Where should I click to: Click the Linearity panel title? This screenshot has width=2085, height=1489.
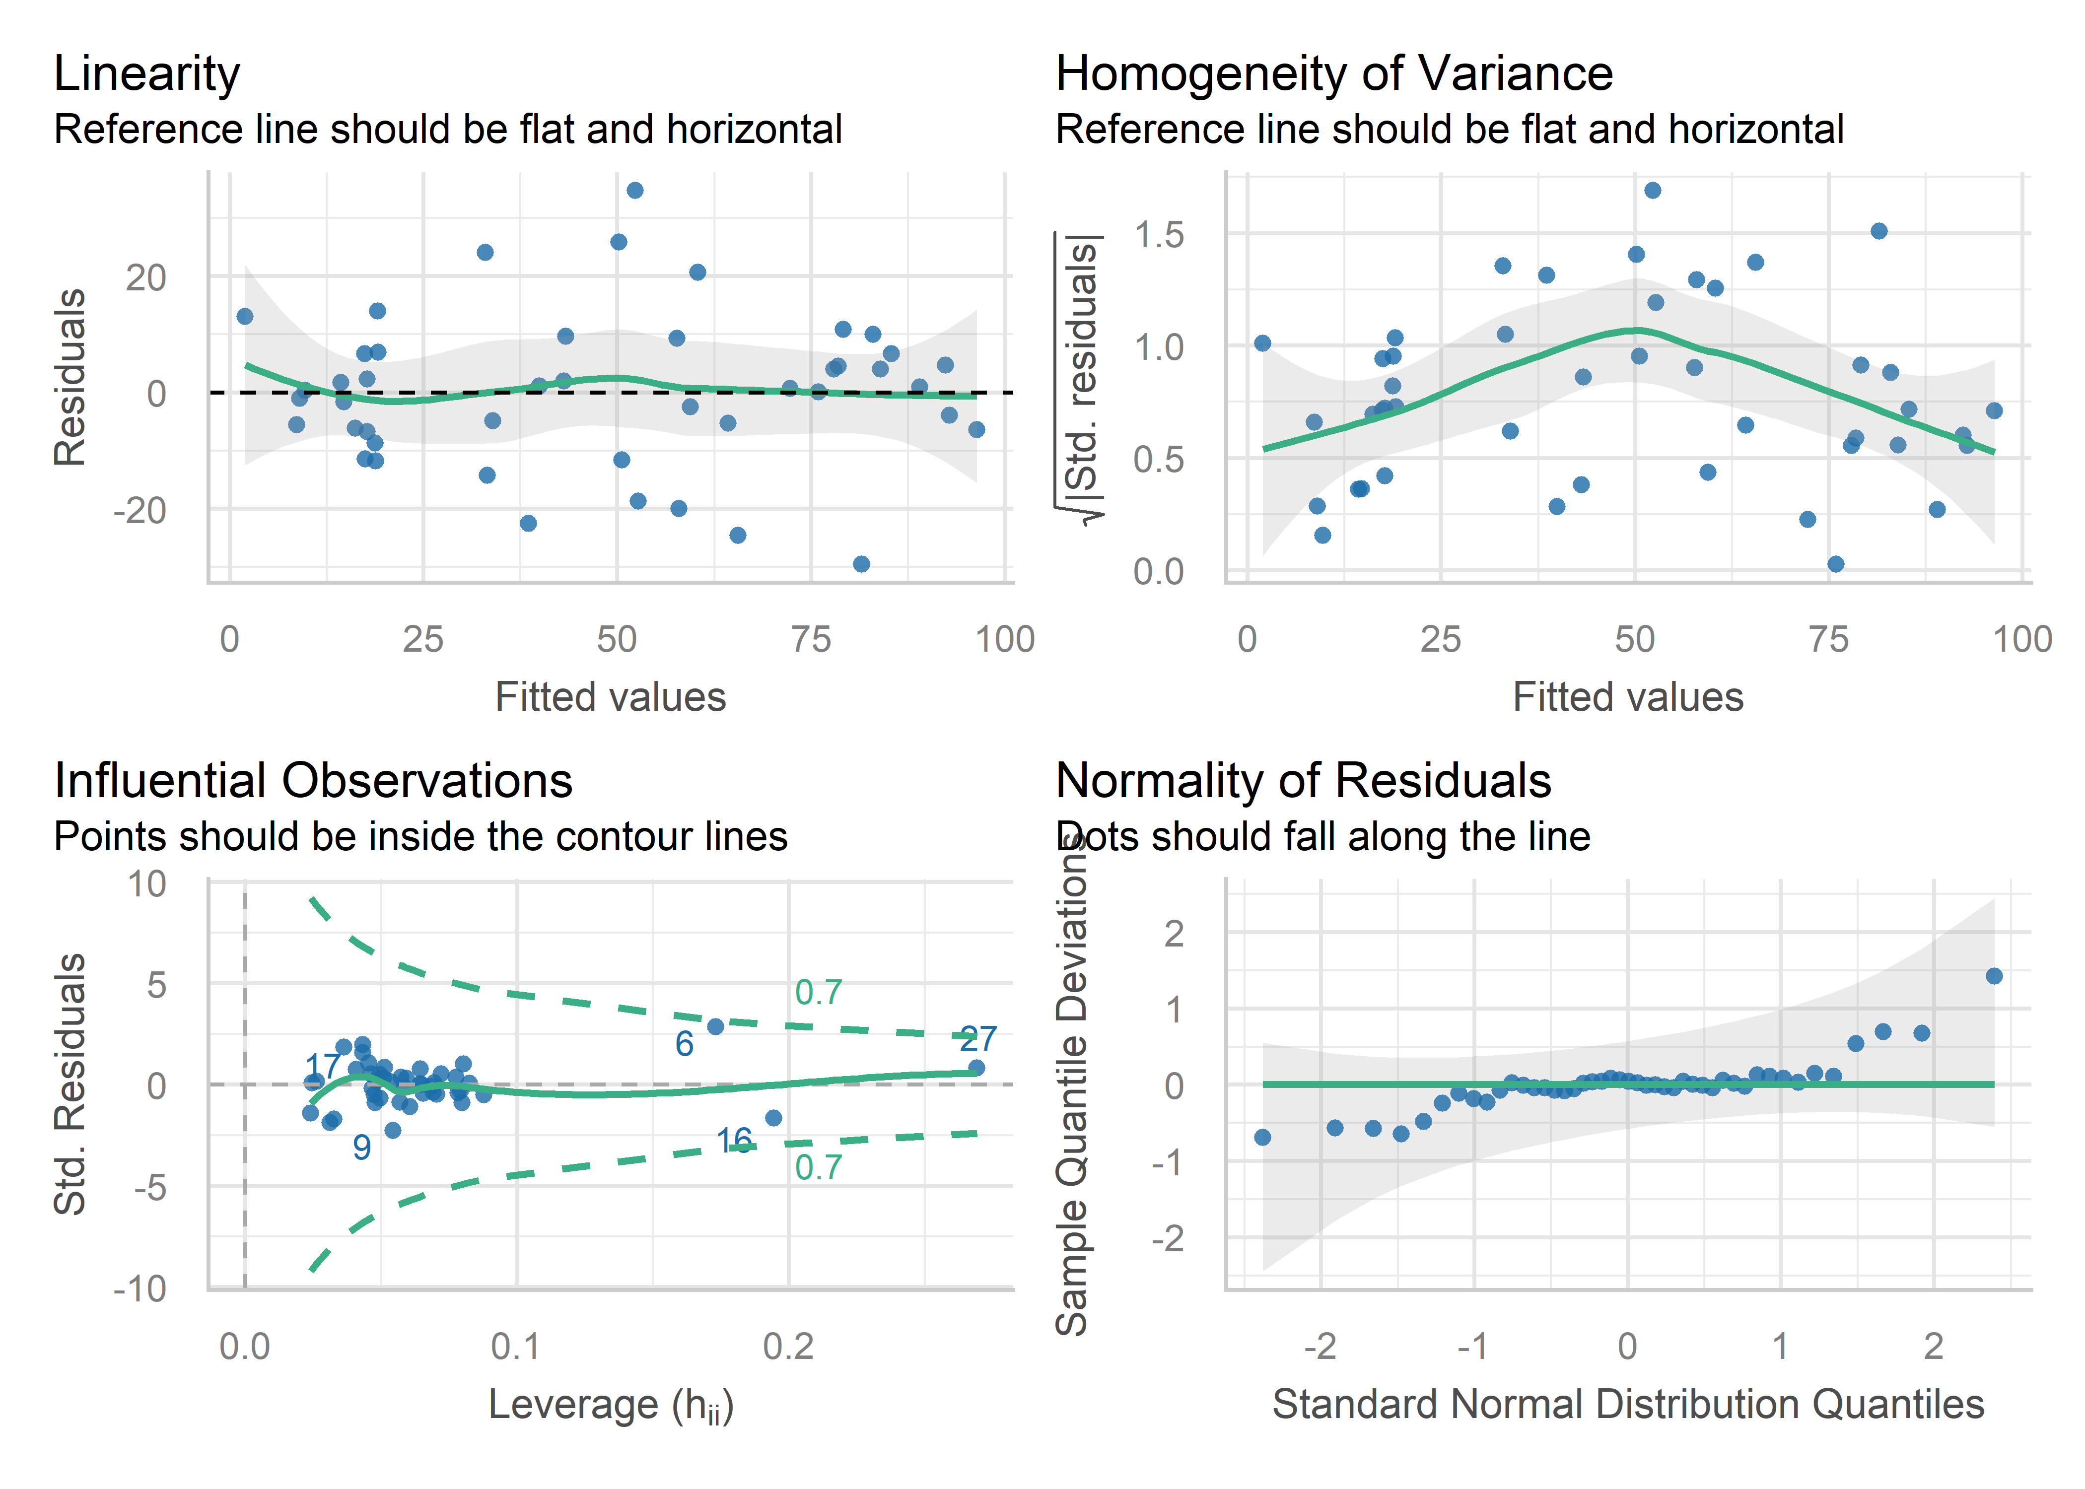point(147,73)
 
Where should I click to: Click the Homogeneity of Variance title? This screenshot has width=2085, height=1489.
point(1334,73)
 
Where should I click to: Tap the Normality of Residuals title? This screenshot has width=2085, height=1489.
point(1303,781)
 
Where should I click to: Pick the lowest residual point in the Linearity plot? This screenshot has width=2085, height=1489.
point(861,564)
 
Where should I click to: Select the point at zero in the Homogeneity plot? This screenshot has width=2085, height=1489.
point(1836,564)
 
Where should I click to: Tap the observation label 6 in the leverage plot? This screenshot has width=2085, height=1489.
point(684,1043)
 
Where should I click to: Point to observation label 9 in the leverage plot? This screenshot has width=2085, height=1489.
point(362,1147)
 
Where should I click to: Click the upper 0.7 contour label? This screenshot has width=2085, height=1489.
point(818,992)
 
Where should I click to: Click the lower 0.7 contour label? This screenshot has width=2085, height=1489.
point(818,1167)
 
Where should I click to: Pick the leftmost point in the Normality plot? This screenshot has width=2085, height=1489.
point(1262,1137)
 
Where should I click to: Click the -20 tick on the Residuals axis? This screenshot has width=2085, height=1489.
point(140,511)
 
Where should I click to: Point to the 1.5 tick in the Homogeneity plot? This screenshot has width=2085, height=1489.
point(1159,236)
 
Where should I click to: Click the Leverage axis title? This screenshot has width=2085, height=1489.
point(611,1405)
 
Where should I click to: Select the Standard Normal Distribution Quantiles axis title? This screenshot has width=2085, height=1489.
point(1627,1405)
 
